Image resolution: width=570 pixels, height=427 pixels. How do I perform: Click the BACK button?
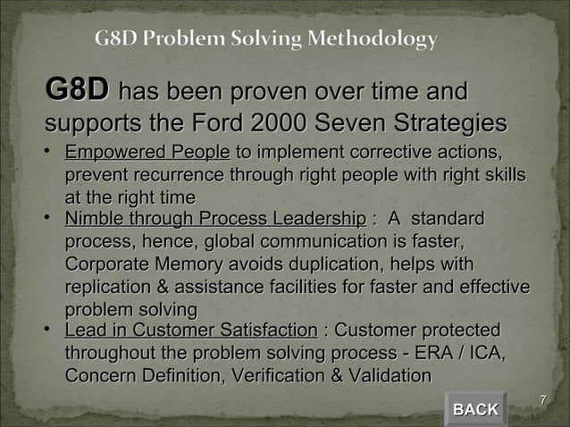tap(475, 409)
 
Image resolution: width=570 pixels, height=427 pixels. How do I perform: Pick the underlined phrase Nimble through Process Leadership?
tap(215, 219)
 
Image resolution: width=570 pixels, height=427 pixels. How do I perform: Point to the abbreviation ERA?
tap(444, 355)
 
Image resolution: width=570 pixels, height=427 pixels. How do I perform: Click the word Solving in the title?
tap(276, 39)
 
